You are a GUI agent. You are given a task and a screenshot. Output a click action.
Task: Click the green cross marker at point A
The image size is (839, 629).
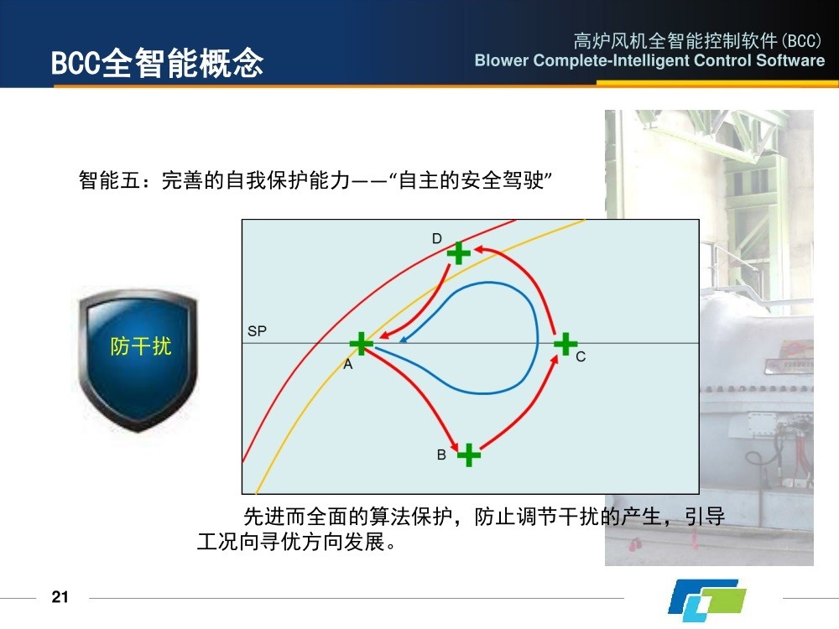pos(361,343)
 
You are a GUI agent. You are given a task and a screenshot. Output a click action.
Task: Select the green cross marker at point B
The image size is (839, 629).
pos(469,455)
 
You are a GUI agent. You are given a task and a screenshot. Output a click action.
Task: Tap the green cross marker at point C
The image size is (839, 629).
pos(565,343)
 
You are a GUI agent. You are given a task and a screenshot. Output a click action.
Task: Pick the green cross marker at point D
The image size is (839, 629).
pos(459,253)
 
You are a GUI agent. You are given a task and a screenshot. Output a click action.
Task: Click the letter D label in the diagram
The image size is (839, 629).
pos(437,238)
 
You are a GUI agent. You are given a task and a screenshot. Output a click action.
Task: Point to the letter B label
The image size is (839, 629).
pos(441,455)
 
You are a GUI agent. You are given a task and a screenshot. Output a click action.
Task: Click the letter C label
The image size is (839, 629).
pos(581,356)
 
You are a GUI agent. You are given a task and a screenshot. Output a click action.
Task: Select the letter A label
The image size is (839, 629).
pos(348,364)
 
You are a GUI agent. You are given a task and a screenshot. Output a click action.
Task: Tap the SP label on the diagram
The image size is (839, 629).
pos(257,331)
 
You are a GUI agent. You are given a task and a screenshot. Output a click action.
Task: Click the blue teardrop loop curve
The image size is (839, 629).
pos(537,337)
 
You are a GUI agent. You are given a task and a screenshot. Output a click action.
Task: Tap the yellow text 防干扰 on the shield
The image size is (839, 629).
pos(141,346)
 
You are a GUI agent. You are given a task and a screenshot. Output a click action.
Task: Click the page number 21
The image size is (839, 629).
pos(60,597)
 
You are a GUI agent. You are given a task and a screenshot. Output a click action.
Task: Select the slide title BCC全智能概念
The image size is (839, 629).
pos(158,63)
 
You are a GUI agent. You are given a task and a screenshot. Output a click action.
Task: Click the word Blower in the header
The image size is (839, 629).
pos(502,60)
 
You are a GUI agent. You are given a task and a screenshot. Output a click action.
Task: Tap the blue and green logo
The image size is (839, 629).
pos(706,597)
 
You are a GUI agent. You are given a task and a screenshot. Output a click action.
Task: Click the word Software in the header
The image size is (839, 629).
pos(790,60)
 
